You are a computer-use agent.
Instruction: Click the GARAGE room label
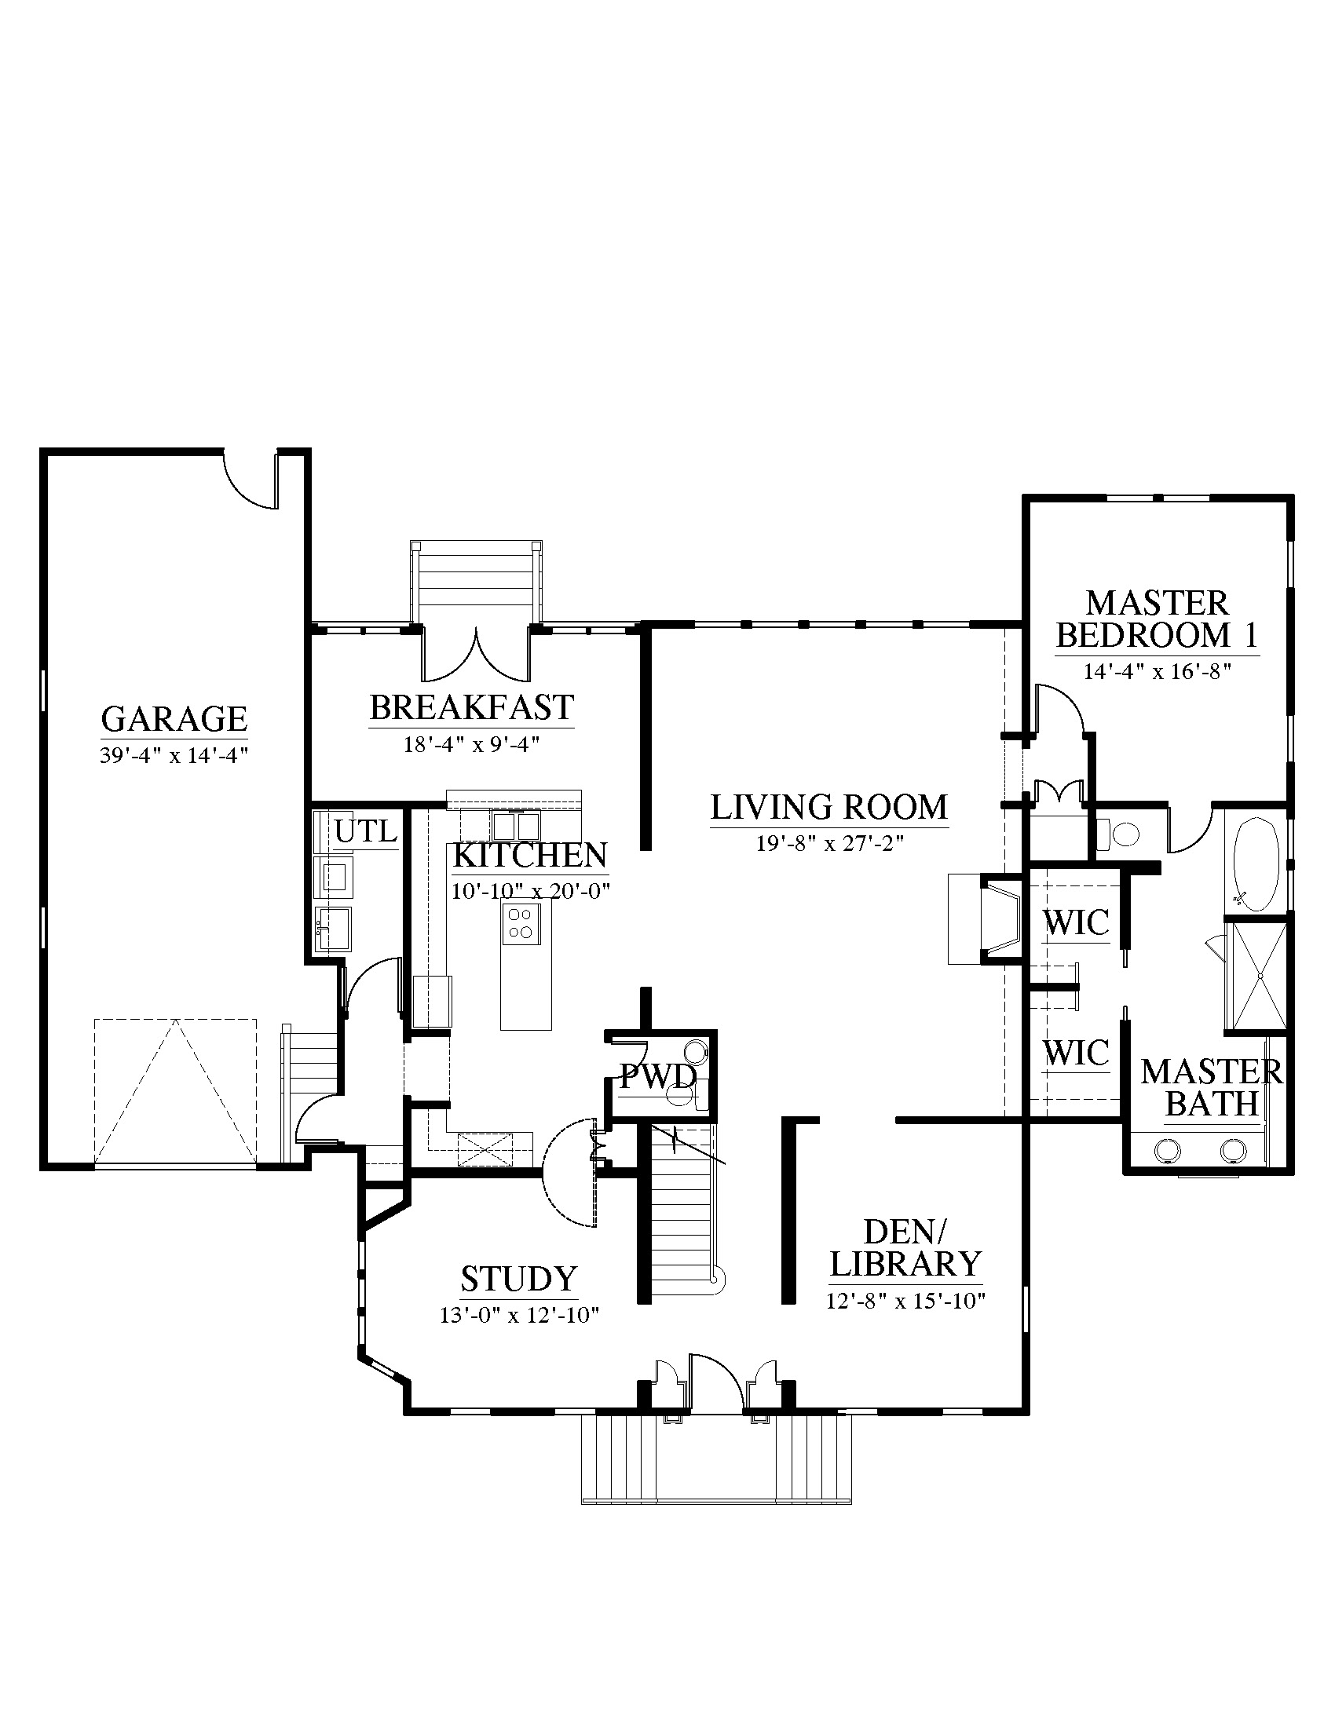tap(174, 719)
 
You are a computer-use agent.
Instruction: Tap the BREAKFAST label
tap(471, 708)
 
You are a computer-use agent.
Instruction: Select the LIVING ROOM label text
tap(828, 807)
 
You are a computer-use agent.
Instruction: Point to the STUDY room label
tap(519, 1279)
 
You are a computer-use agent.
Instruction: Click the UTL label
tap(365, 832)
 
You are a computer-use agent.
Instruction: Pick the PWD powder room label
tap(658, 1076)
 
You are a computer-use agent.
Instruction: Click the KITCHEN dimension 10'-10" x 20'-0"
tap(531, 892)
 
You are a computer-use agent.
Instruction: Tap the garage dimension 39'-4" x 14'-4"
tap(174, 755)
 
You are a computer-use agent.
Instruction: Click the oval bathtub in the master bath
tap(1256, 864)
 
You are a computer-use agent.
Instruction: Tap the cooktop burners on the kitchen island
tap(521, 923)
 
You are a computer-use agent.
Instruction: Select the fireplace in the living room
tap(987, 919)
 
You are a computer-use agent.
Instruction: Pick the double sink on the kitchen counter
tap(516, 827)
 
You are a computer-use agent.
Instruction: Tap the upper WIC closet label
tap(1076, 922)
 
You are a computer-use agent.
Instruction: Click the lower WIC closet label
tap(1076, 1053)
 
